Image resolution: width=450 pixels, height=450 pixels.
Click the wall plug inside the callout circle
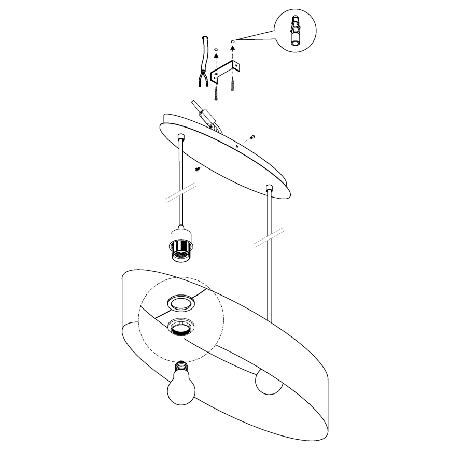(293, 30)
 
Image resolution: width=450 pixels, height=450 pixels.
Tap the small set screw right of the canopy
(252, 136)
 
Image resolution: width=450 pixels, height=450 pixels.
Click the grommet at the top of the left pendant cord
(181, 138)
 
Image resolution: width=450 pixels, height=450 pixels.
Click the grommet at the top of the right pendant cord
(269, 187)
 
